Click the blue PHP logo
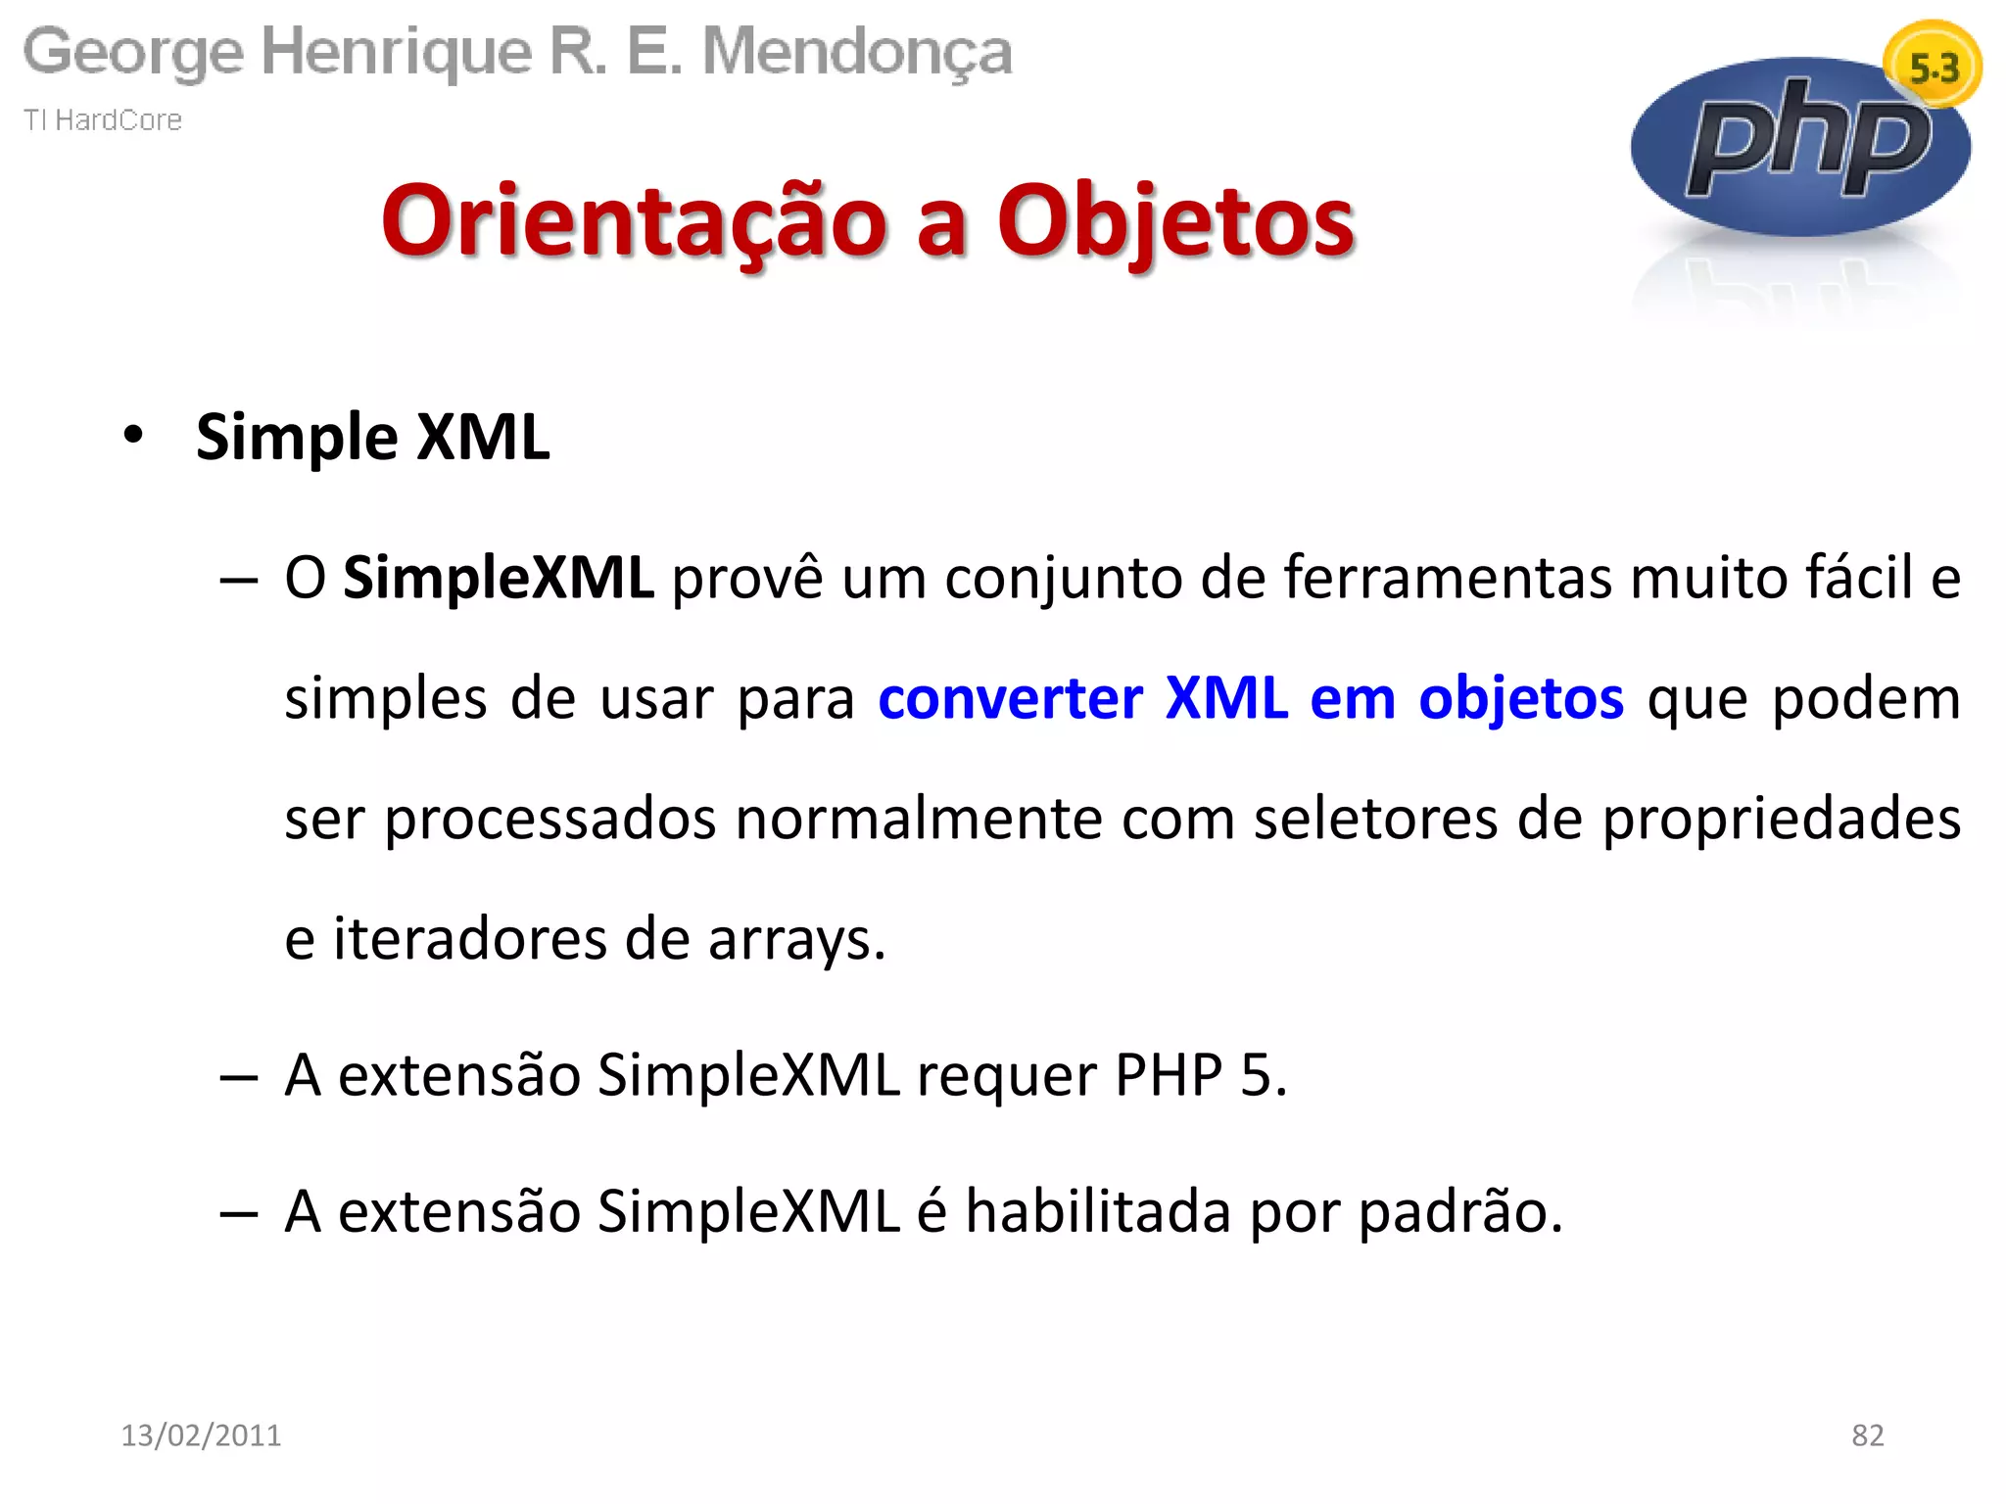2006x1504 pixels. (1800, 147)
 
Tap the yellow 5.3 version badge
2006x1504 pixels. (1933, 67)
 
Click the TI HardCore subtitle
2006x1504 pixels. (103, 119)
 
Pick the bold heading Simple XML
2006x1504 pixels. (372, 437)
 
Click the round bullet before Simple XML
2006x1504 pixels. (133, 435)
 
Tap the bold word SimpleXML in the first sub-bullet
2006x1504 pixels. (498, 578)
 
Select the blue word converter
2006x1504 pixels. (1010, 698)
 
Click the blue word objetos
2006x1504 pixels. (1520, 698)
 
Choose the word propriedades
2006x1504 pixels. (1781, 819)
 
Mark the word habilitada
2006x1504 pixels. (1097, 1211)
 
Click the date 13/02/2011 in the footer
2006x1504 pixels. (201, 1434)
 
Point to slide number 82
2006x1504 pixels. (1867, 1434)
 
